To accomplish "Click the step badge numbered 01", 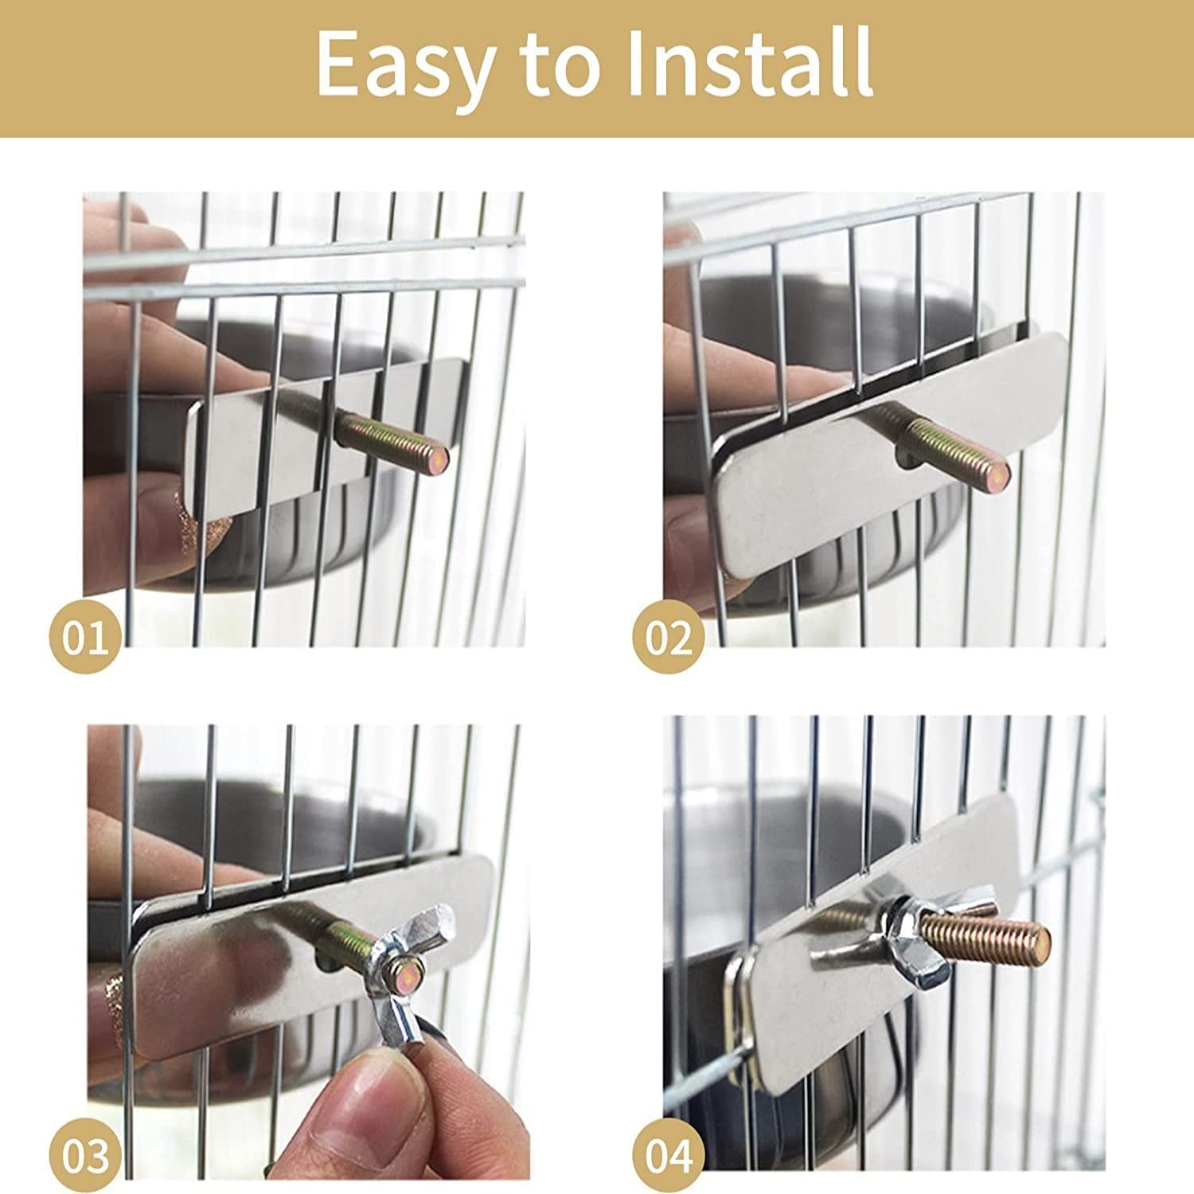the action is point(85,638).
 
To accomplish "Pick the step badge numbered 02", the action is point(669,638).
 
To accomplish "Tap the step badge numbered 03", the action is point(85,1156).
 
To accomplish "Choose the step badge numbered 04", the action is point(669,1156).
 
